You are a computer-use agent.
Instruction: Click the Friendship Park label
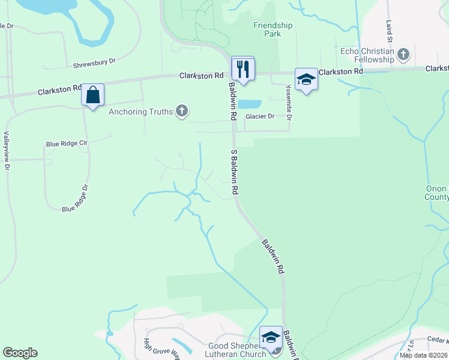click(273, 30)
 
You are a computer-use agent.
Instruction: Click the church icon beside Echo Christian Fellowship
click(403, 55)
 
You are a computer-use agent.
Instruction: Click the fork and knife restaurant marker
click(243, 68)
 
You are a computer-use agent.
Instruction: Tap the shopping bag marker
click(93, 95)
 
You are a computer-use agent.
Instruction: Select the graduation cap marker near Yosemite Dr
click(306, 80)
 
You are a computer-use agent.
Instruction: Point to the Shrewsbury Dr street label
click(94, 62)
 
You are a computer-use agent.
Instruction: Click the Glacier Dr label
click(259, 116)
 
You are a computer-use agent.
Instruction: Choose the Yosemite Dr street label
click(289, 101)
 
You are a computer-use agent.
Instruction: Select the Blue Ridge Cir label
click(67, 144)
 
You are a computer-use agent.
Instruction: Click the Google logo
click(20, 353)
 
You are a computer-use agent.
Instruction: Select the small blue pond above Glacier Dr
click(250, 104)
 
